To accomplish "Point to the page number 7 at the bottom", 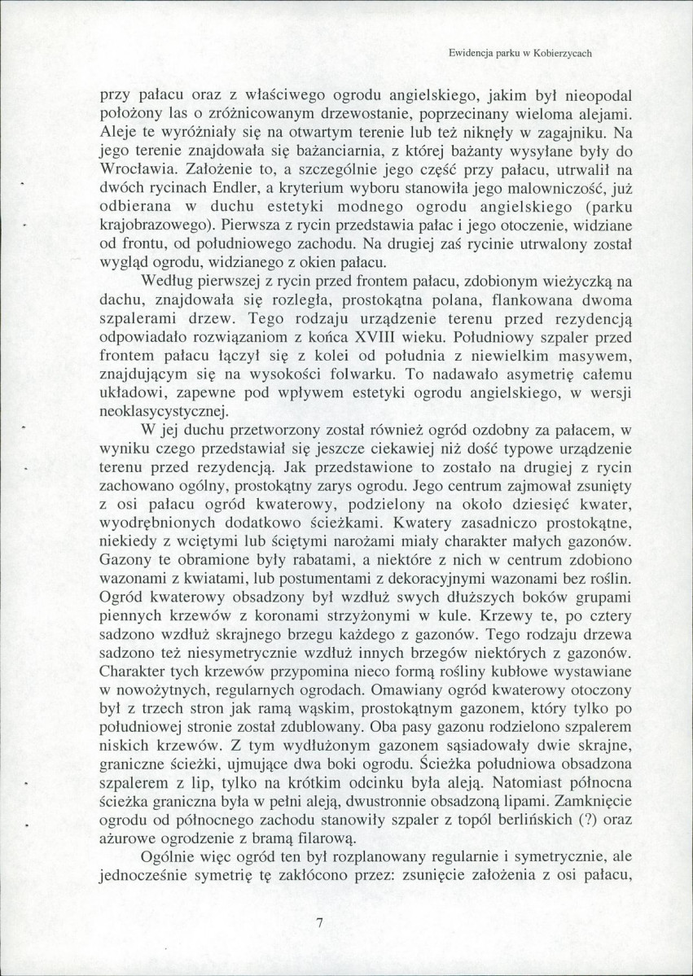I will (x=319, y=922).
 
